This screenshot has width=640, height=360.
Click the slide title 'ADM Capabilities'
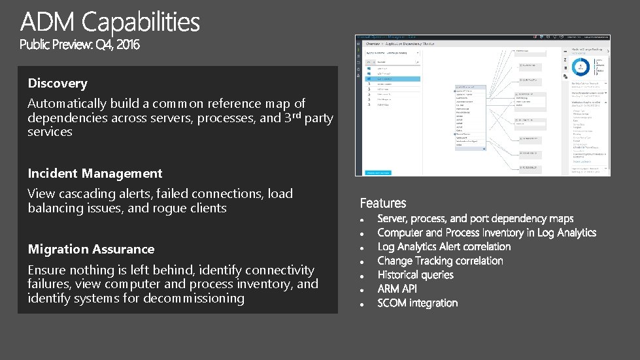(x=110, y=23)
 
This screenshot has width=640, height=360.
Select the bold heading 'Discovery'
(x=58, y=84)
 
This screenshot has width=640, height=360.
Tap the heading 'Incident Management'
(x=95, y=174)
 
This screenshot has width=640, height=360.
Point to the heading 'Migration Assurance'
(x=91, y=250)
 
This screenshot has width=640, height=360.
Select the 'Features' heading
(x=382, y=203)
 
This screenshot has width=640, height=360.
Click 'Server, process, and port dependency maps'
(x=475, y=218)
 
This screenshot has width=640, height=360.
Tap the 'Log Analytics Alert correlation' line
(x=444, y=246)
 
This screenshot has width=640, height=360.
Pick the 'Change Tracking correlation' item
(x=440, y=261)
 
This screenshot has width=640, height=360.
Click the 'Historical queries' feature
(x=415, y=275)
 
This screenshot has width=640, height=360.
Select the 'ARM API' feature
(x=397, y=289)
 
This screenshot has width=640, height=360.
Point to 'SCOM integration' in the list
(x=417, y=303)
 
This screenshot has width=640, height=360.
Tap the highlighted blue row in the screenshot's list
(x=392, y=79)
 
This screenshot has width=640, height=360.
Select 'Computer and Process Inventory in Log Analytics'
(x=486, y=233)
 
